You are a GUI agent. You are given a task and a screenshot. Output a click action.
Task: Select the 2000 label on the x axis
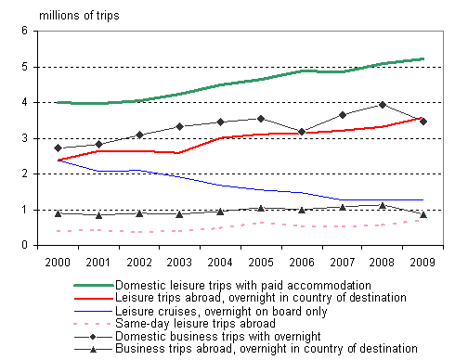(x=58, y=263)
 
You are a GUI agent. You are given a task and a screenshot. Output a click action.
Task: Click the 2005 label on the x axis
(x=261, y=263)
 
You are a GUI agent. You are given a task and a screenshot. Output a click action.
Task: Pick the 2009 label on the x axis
(x=423, y=263)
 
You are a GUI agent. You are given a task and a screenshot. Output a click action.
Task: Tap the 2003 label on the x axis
(x=180, y=263)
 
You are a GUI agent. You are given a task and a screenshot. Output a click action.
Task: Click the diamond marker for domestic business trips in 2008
(x=383, y=105)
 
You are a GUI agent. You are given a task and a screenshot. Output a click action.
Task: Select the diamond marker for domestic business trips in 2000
(x=58, y=148)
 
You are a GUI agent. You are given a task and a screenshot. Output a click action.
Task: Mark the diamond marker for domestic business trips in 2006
(x=302, y=132)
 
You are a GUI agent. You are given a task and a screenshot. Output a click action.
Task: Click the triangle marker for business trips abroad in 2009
(x=423, y=214)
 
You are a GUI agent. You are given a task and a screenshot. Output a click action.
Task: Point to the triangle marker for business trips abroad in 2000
(x=58, y=213)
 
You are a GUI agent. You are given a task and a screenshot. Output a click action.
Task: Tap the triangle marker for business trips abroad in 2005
(x=261, y=208)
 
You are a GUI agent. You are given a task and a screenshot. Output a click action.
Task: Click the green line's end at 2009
(x=423, y=58)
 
